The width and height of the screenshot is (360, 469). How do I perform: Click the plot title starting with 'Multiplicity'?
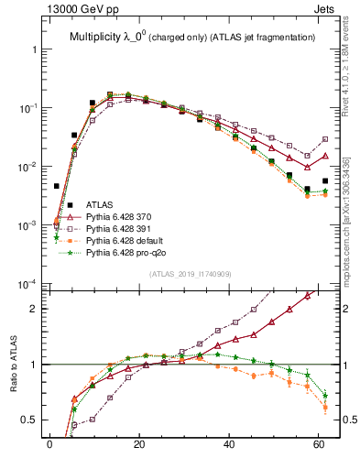tap(192, 37)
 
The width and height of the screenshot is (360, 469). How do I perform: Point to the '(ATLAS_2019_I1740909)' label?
tap(191, 274)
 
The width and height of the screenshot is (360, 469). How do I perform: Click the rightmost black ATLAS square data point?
tap(325, 181)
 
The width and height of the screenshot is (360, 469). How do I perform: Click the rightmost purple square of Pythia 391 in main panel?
tap(325, 139)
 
